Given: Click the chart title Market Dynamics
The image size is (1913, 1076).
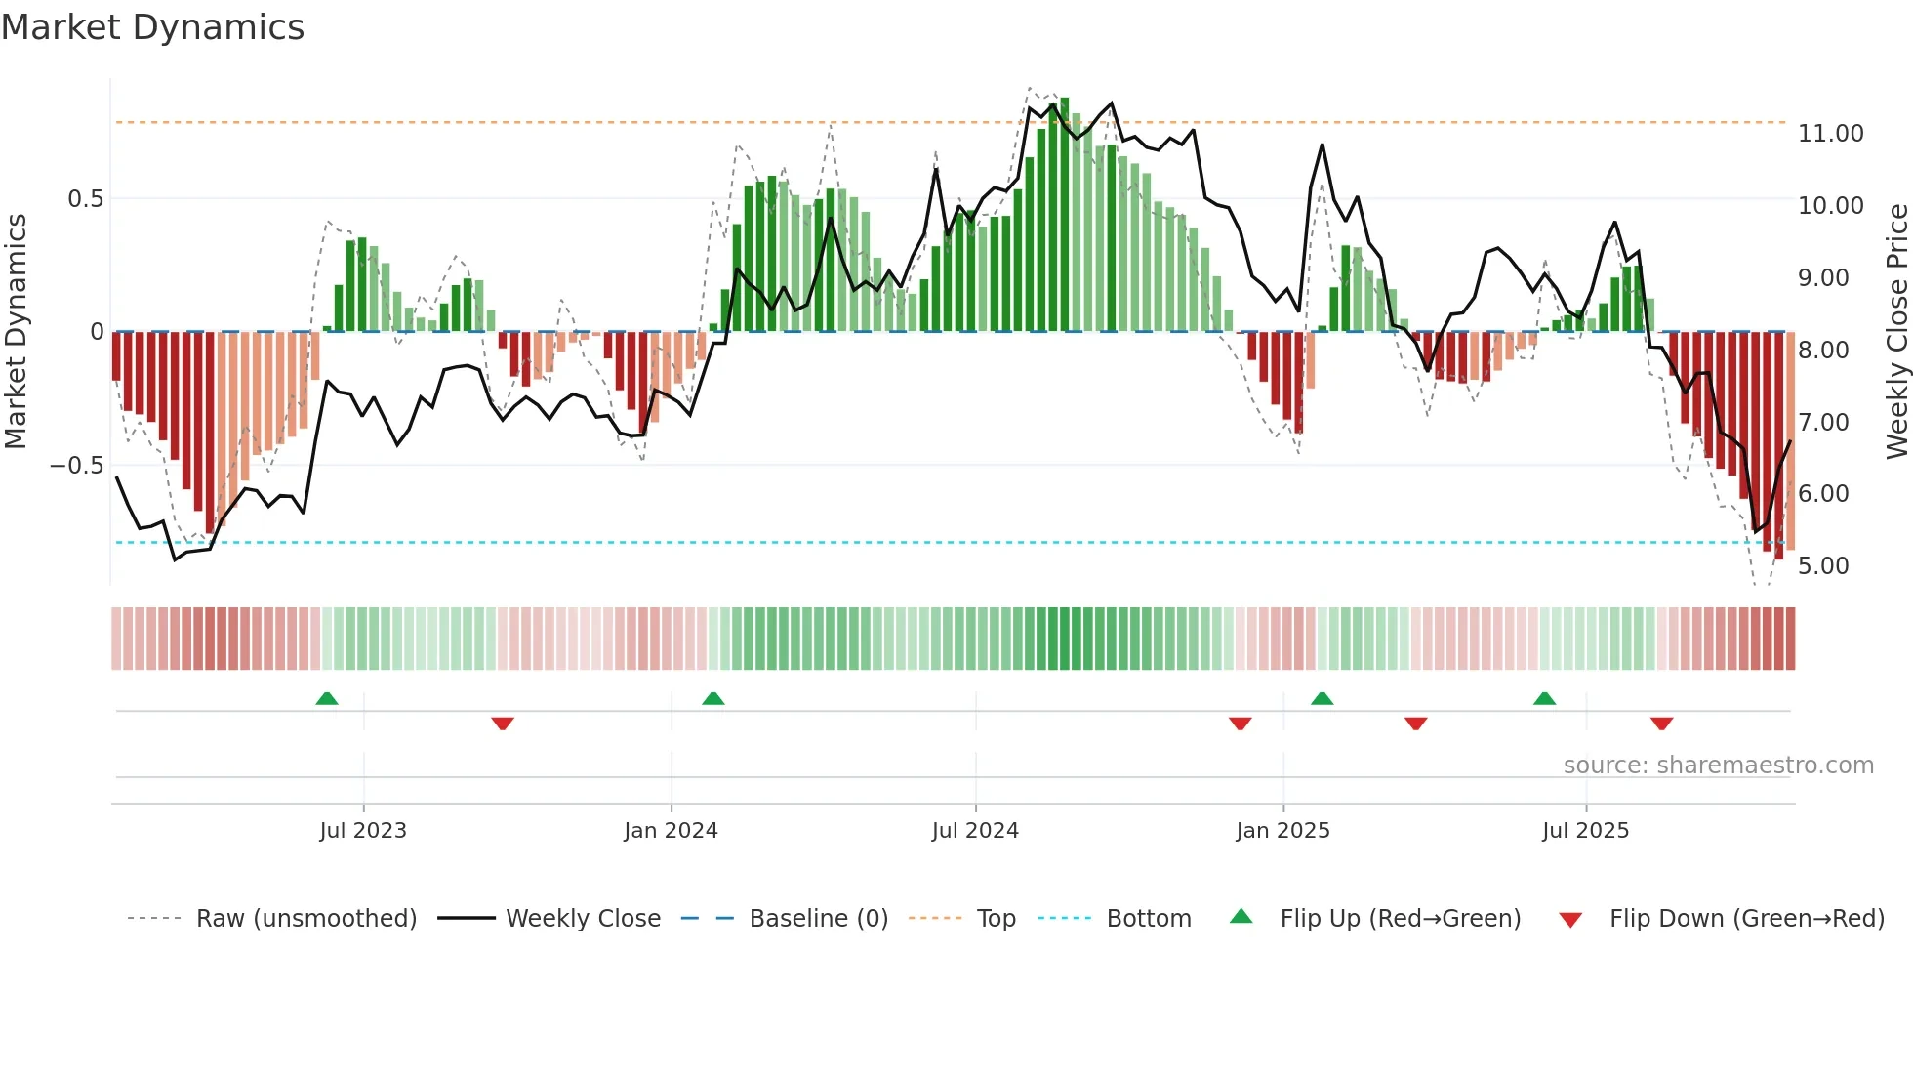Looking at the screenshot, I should pos(152,27).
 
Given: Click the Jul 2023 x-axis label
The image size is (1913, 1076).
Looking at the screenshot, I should pos(363,831).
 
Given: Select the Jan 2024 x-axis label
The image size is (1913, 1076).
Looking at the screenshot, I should pos(671,831).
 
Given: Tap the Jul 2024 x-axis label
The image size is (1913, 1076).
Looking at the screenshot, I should pos(975,831).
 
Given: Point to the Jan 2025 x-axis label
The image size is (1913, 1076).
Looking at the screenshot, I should pos(1282,831).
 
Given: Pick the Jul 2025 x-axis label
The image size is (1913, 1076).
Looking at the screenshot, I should pos(1586,831).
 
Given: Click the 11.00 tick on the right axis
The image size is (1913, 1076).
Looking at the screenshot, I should pos(1830,134).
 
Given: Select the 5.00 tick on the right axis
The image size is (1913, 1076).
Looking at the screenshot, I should pos(1823,566).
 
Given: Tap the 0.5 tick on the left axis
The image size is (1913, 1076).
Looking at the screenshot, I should pos(85,199).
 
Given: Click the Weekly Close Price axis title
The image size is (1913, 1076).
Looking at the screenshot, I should pos(1896,331).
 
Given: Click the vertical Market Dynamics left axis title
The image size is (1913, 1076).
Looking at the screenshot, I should pos(16,331).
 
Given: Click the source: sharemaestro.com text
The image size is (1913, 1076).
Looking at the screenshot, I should pos(1718,766).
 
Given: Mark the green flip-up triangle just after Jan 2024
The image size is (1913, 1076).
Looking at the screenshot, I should pos(713,698).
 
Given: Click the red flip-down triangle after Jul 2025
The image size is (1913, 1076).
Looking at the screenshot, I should pos(1661,724).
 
